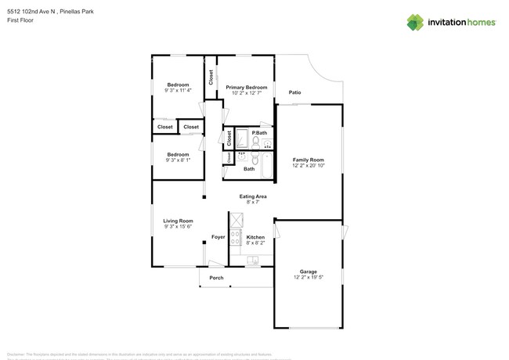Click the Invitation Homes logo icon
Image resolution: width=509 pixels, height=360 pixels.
pos(415,22)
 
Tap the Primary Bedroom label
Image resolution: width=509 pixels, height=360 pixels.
pos(246,88)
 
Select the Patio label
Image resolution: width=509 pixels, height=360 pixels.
pos(295,92)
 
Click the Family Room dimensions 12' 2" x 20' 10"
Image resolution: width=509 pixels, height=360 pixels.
pos(308,165)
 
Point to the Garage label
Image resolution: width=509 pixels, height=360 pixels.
pos(308,272)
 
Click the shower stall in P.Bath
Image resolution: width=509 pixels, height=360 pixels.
pos(242,140)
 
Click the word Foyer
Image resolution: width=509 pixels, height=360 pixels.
pos(218,237)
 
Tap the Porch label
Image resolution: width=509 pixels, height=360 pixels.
pos(216,278)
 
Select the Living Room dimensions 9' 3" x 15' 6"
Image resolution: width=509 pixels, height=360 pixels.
pos(178,226)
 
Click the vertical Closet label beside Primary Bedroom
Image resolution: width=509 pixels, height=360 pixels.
pos(211,77)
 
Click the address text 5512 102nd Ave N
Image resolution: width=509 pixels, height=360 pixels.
pos(32,12)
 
